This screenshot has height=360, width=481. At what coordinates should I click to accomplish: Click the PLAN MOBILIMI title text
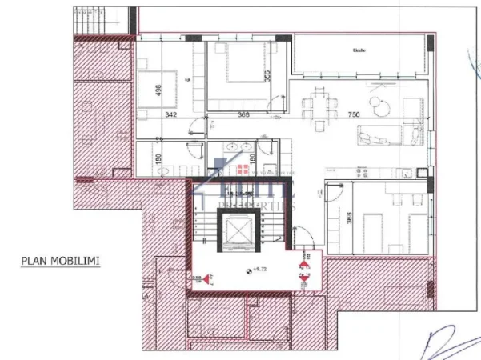61,260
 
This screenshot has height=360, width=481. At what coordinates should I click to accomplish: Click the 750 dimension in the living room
353,115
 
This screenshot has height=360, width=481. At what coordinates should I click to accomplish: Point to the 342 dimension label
170,115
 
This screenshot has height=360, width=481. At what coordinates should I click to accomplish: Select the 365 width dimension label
244,115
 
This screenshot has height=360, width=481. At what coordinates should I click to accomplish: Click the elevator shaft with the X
239,233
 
